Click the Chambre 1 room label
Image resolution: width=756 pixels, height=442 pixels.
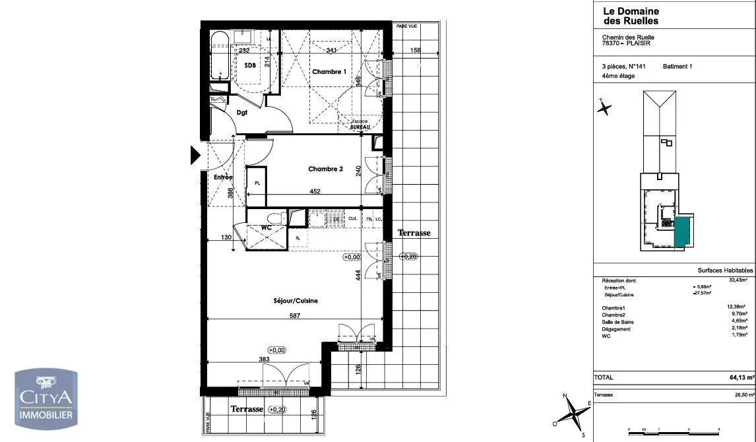[329, 71]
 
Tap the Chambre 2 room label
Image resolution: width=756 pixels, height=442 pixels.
[325, 169]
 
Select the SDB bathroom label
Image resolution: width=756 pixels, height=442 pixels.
[250, 65]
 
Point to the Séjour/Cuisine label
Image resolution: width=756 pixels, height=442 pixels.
[296, 300]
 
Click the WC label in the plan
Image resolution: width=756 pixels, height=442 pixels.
[267, 228]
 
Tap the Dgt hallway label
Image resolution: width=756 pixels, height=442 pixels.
[243, 113]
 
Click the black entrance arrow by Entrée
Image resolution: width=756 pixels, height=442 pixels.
[195, 155]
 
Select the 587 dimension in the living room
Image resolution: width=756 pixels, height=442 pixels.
[295, 316]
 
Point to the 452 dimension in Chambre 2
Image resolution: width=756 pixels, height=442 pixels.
[315, 192]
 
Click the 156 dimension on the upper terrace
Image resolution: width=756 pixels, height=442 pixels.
[415, 50]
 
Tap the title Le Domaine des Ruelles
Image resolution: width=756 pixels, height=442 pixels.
[631, 16]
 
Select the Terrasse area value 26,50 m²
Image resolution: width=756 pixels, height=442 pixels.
[741, 395]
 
